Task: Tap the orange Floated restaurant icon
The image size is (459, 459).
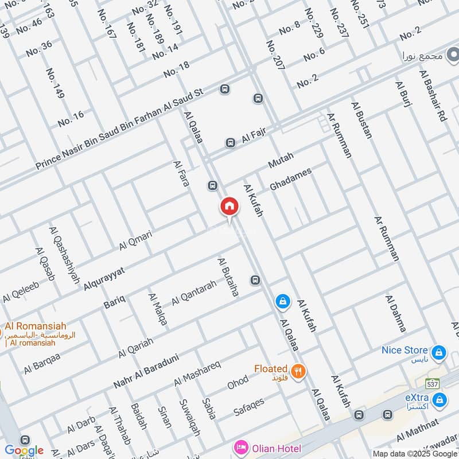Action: [x=297, y=370]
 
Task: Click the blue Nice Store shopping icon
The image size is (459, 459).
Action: [x=439, y=351]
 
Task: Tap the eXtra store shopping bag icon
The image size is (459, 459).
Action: [x=439, y=399]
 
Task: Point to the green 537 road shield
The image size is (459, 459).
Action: [x=432, y=383]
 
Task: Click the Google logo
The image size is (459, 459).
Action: [x=24, y=450]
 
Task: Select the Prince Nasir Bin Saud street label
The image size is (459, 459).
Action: [x=119, y=129]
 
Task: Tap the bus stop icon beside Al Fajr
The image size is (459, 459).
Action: [x=230, y=142]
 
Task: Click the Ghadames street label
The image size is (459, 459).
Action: [x=290, y=180]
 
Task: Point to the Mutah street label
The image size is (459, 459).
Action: [x=281, y=161]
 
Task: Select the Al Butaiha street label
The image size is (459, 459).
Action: [x=228, y=277]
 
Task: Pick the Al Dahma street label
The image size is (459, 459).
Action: [x=396, y=314]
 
